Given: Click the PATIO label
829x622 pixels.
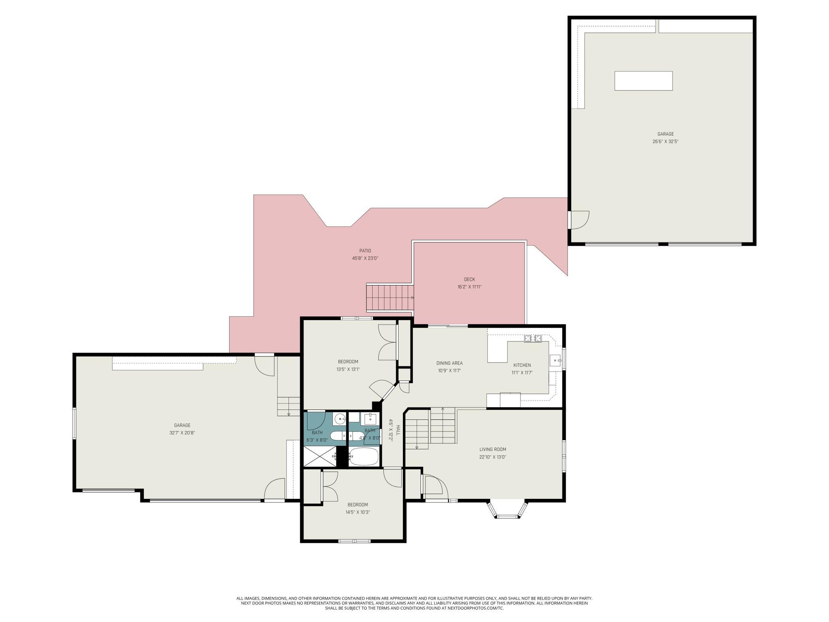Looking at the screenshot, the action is (365, 251).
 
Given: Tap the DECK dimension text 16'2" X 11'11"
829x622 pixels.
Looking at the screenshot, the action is (470, 287).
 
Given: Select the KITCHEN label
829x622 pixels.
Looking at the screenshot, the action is (522, 365).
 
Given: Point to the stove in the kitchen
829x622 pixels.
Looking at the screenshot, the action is (533, 339).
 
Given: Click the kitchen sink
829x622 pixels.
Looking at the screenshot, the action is (555, 360).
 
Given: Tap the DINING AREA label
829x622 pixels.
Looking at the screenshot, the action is (449, 363).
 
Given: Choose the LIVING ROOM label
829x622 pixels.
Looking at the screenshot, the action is (493, 449).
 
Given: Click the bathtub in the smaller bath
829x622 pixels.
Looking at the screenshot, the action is (363, 457).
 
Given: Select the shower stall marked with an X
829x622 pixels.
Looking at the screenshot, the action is (320, 457).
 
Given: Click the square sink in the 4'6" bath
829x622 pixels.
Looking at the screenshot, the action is (371, 419).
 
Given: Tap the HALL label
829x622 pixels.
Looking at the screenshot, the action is (397, 430).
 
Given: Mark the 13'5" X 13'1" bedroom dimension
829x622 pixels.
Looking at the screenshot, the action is (348, 369).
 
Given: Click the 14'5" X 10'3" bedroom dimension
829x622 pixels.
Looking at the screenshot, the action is (358, 512).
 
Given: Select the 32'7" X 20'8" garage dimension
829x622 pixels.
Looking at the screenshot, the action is (182, 433).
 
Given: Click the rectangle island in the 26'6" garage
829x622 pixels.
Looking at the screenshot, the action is (644, 81).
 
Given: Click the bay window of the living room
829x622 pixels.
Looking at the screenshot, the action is (507, 509).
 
